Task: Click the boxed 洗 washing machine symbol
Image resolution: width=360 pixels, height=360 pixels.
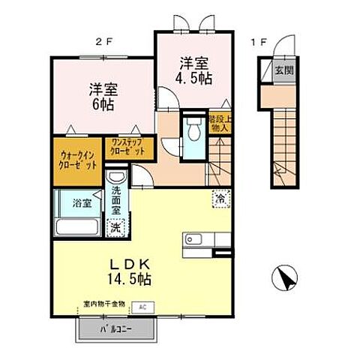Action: pos(115,226)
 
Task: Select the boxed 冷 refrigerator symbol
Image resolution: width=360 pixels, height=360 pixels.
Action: pos(221,199)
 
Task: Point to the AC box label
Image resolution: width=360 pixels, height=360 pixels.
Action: pos(142,307)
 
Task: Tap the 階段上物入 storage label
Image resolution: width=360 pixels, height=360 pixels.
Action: pos(220,124)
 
